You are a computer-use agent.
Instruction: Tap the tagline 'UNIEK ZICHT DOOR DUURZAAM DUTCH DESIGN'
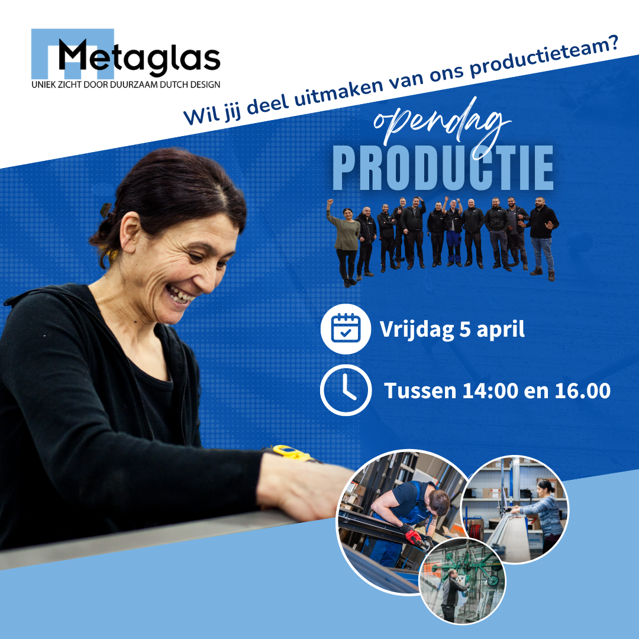pos(125,85)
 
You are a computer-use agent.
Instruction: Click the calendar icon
pos(345,328)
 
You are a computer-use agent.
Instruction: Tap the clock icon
pos(346,390)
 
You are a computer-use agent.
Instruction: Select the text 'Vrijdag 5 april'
pos(452,329)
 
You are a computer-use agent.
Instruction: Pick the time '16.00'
pos(582,390)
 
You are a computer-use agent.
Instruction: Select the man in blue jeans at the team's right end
pos(543,237)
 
